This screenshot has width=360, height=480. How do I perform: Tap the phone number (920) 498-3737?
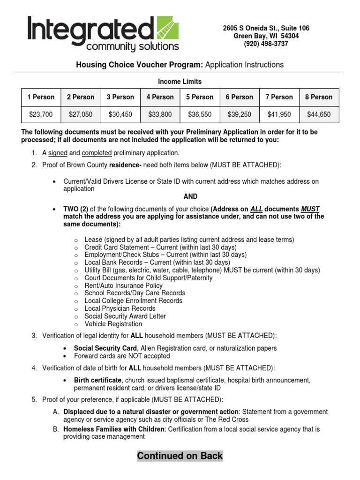click(266, 44)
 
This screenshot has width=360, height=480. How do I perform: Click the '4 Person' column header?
click(160, 97)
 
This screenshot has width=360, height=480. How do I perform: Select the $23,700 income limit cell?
click(41, 114)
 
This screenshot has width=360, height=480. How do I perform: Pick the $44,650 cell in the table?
click(319, 114)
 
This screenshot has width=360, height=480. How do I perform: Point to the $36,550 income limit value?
click(200, 114)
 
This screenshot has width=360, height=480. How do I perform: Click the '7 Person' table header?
click(279, 97)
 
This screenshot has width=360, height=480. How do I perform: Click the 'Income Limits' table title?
click(180, 82)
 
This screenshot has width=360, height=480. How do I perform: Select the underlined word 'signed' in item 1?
click(58, 153)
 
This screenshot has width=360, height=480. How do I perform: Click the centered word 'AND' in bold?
click(190, 196)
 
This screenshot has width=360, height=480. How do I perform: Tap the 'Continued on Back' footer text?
click(180, 456)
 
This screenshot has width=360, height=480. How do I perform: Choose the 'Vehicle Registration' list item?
click(113, 324)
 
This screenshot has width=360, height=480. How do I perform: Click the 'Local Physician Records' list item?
click(120, 308)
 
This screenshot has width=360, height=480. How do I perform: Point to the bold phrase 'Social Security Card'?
click(105, 348)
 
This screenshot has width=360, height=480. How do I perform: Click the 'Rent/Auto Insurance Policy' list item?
click(123, 285)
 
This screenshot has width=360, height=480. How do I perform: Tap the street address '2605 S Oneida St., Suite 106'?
click(266, 29)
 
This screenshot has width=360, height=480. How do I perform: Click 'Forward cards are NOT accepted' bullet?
click(122, 356)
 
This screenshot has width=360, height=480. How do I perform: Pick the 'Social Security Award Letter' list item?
click(125, 316)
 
